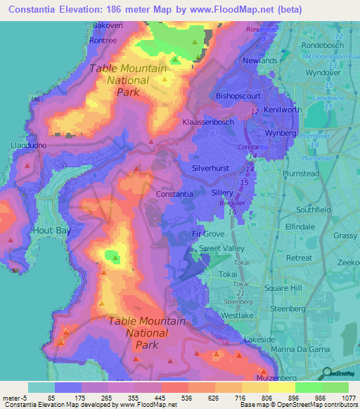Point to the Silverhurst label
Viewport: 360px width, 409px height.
point(216,169)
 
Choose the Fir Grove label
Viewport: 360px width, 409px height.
point(207,234)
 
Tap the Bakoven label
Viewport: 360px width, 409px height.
point(108,25)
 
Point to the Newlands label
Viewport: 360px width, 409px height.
point(260,61)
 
